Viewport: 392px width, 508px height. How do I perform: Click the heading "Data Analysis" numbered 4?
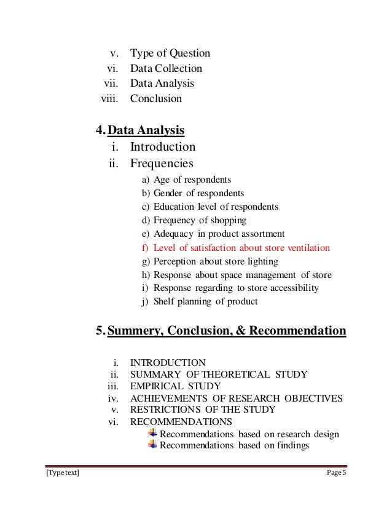tap(147, 130)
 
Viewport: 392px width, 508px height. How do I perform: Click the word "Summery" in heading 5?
tap(133, 331)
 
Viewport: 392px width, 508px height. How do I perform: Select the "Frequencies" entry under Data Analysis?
tap(161, 163)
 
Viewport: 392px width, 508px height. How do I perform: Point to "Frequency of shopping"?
tap(200, 221)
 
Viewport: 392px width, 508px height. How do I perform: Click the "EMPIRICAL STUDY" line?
tap(175, 386)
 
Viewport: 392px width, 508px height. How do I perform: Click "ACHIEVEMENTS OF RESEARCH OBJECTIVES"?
tap(236, 398)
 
